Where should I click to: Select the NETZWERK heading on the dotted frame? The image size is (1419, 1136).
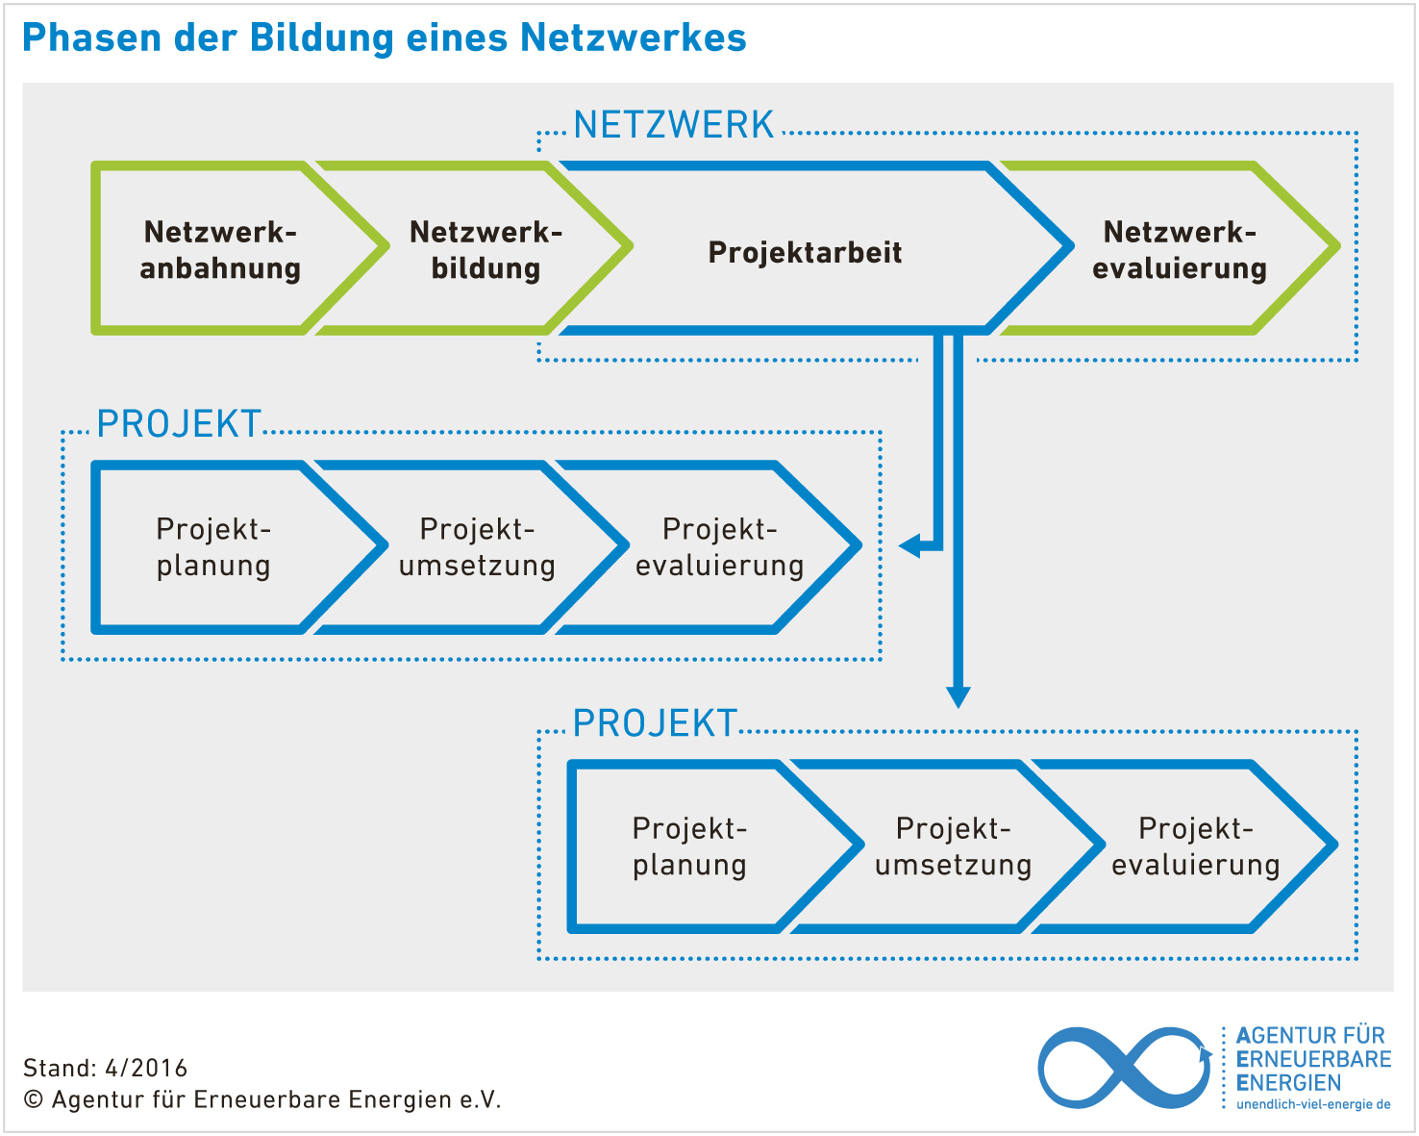[x=674, y=126]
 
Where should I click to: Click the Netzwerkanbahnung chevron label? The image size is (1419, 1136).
[x=220, y=250]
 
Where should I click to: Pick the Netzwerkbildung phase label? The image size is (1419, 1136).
[x=485, y=250]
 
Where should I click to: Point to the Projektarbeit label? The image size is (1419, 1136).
[x=805, y=252]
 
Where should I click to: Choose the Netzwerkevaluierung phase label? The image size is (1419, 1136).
[x=1180, y=250]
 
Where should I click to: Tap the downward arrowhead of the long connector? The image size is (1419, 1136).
[x=958, y=696]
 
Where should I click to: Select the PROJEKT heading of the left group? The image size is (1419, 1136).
[x=179, y=424]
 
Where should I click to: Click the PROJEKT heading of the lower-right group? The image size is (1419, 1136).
[x=655, y=724]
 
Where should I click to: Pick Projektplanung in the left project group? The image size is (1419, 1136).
[x=213, y=547]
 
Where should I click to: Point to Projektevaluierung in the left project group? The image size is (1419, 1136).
[x=719, y=547]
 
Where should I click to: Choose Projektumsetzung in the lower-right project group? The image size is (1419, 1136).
[x=953, y=846]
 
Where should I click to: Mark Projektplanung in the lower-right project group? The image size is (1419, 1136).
[x=689, y=846]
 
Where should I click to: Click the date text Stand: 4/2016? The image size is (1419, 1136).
[x=106, y=1068]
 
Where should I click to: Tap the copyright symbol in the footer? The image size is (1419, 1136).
[x=34, y=1099]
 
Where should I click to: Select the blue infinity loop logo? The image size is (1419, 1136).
[x=1123, y=1068]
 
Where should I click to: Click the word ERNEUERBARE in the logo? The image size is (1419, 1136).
[x=1313, y=1059]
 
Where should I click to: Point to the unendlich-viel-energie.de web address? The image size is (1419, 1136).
[x=1313, y=1104]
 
